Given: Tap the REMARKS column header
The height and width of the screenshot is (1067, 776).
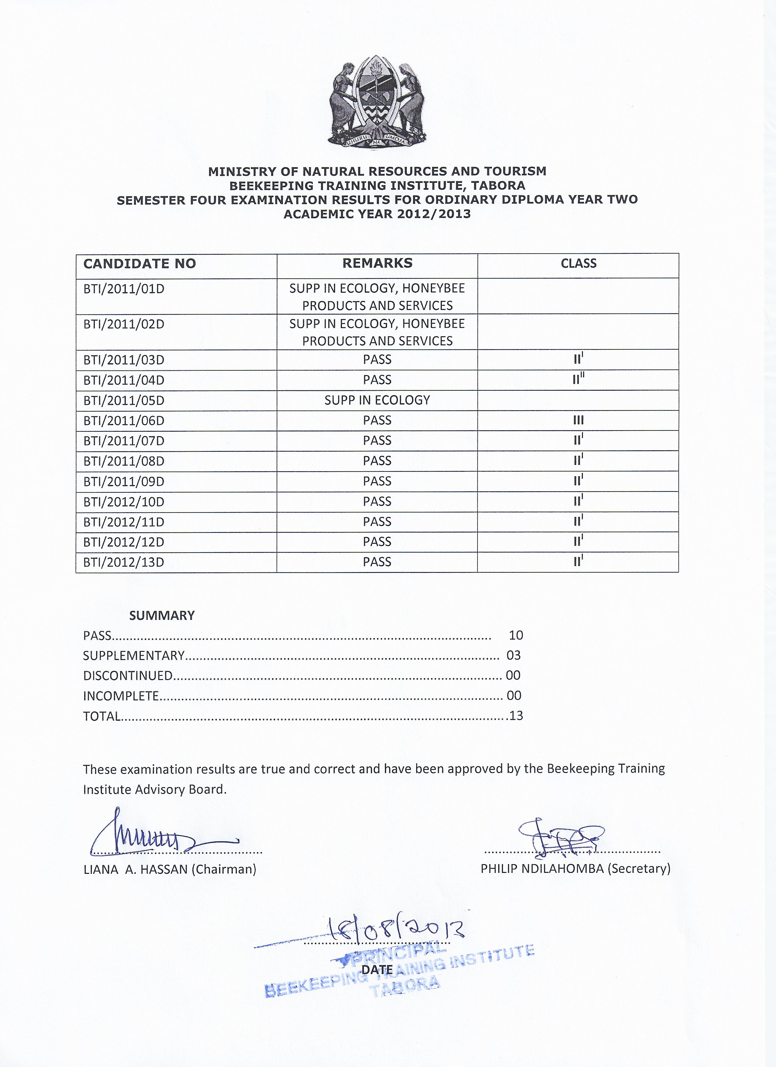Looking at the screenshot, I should pos(377,263).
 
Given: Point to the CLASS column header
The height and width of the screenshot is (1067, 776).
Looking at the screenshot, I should pos(578,263).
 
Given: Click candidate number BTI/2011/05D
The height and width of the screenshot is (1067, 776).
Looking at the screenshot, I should pos(124,401).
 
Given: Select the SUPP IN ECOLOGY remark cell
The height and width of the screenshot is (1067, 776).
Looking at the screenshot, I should pos(377,400).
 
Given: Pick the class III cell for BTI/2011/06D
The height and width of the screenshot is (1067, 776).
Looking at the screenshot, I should pos(578,420).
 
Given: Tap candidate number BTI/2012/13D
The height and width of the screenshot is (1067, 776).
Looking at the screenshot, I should pos(124,563).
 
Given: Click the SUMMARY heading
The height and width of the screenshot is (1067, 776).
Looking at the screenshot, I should pos(162,616).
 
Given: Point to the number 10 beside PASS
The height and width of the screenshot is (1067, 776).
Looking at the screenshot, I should pos(516,636).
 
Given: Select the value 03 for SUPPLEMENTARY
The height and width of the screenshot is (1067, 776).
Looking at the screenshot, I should pos(513,655).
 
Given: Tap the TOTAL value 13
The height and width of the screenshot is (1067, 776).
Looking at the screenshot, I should pos(516,716).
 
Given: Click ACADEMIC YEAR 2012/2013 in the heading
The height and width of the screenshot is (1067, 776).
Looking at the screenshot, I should pos(377,214).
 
